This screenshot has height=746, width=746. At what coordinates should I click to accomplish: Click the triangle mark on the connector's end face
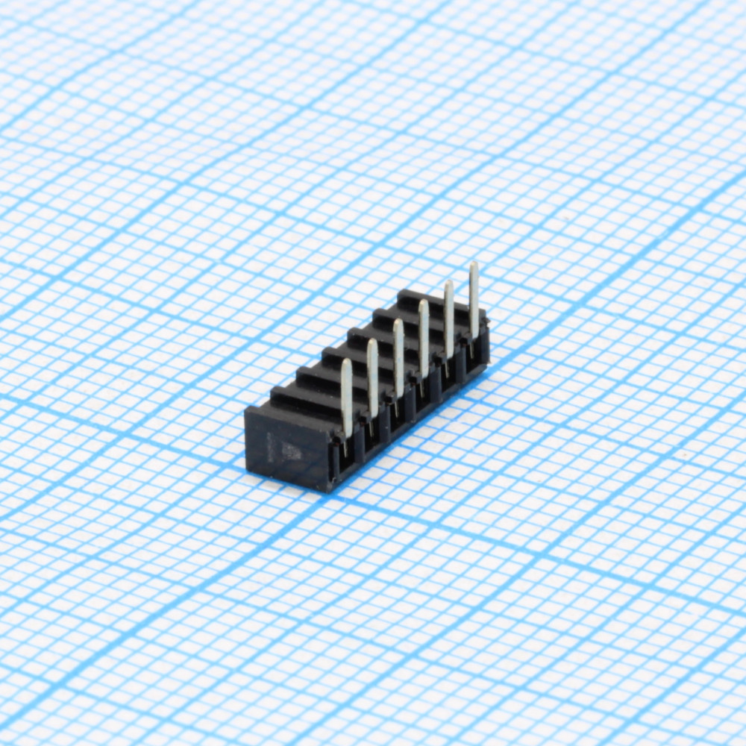click(292, 451)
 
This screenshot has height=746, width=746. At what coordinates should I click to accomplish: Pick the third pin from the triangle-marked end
click(398, 358)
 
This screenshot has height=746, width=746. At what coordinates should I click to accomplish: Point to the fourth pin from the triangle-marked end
click(423, 339)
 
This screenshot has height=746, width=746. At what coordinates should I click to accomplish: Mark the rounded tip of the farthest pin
click(474, 266)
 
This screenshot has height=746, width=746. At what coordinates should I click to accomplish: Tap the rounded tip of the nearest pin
click(346, 363)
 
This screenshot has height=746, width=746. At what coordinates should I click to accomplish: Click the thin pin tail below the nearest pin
click(345, 448)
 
